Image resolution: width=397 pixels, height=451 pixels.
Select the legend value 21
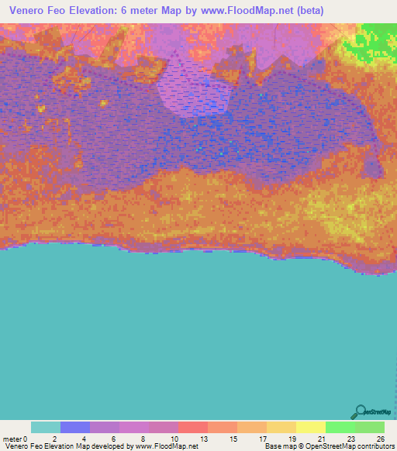pos(321,438)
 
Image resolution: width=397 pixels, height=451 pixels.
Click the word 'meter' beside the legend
pos(12,438)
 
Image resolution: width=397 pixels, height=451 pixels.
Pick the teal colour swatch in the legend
pos(46,427)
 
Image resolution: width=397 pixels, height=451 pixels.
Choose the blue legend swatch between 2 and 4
pos(75,427)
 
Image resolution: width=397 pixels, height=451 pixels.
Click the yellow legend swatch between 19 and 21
pos(311,427)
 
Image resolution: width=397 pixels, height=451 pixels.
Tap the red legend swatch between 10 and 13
pos(193,427)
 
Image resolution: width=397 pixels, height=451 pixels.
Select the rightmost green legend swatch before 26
pos(370,427)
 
